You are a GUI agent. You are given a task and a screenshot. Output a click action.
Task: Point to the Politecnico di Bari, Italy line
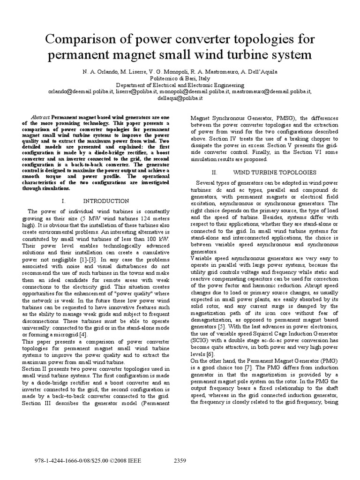(x=180, y=79)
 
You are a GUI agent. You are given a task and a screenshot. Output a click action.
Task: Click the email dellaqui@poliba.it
(x=180, y=98)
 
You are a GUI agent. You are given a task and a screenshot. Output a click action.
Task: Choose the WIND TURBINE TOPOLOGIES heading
(x=265, y=172)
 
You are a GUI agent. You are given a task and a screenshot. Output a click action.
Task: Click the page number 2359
(x=180, y=461)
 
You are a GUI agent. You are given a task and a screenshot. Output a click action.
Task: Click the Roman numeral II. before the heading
(x=215, y=172)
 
